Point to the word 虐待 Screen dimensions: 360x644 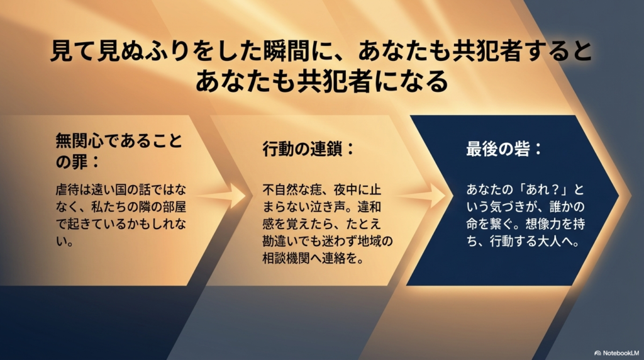(65, 188)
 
